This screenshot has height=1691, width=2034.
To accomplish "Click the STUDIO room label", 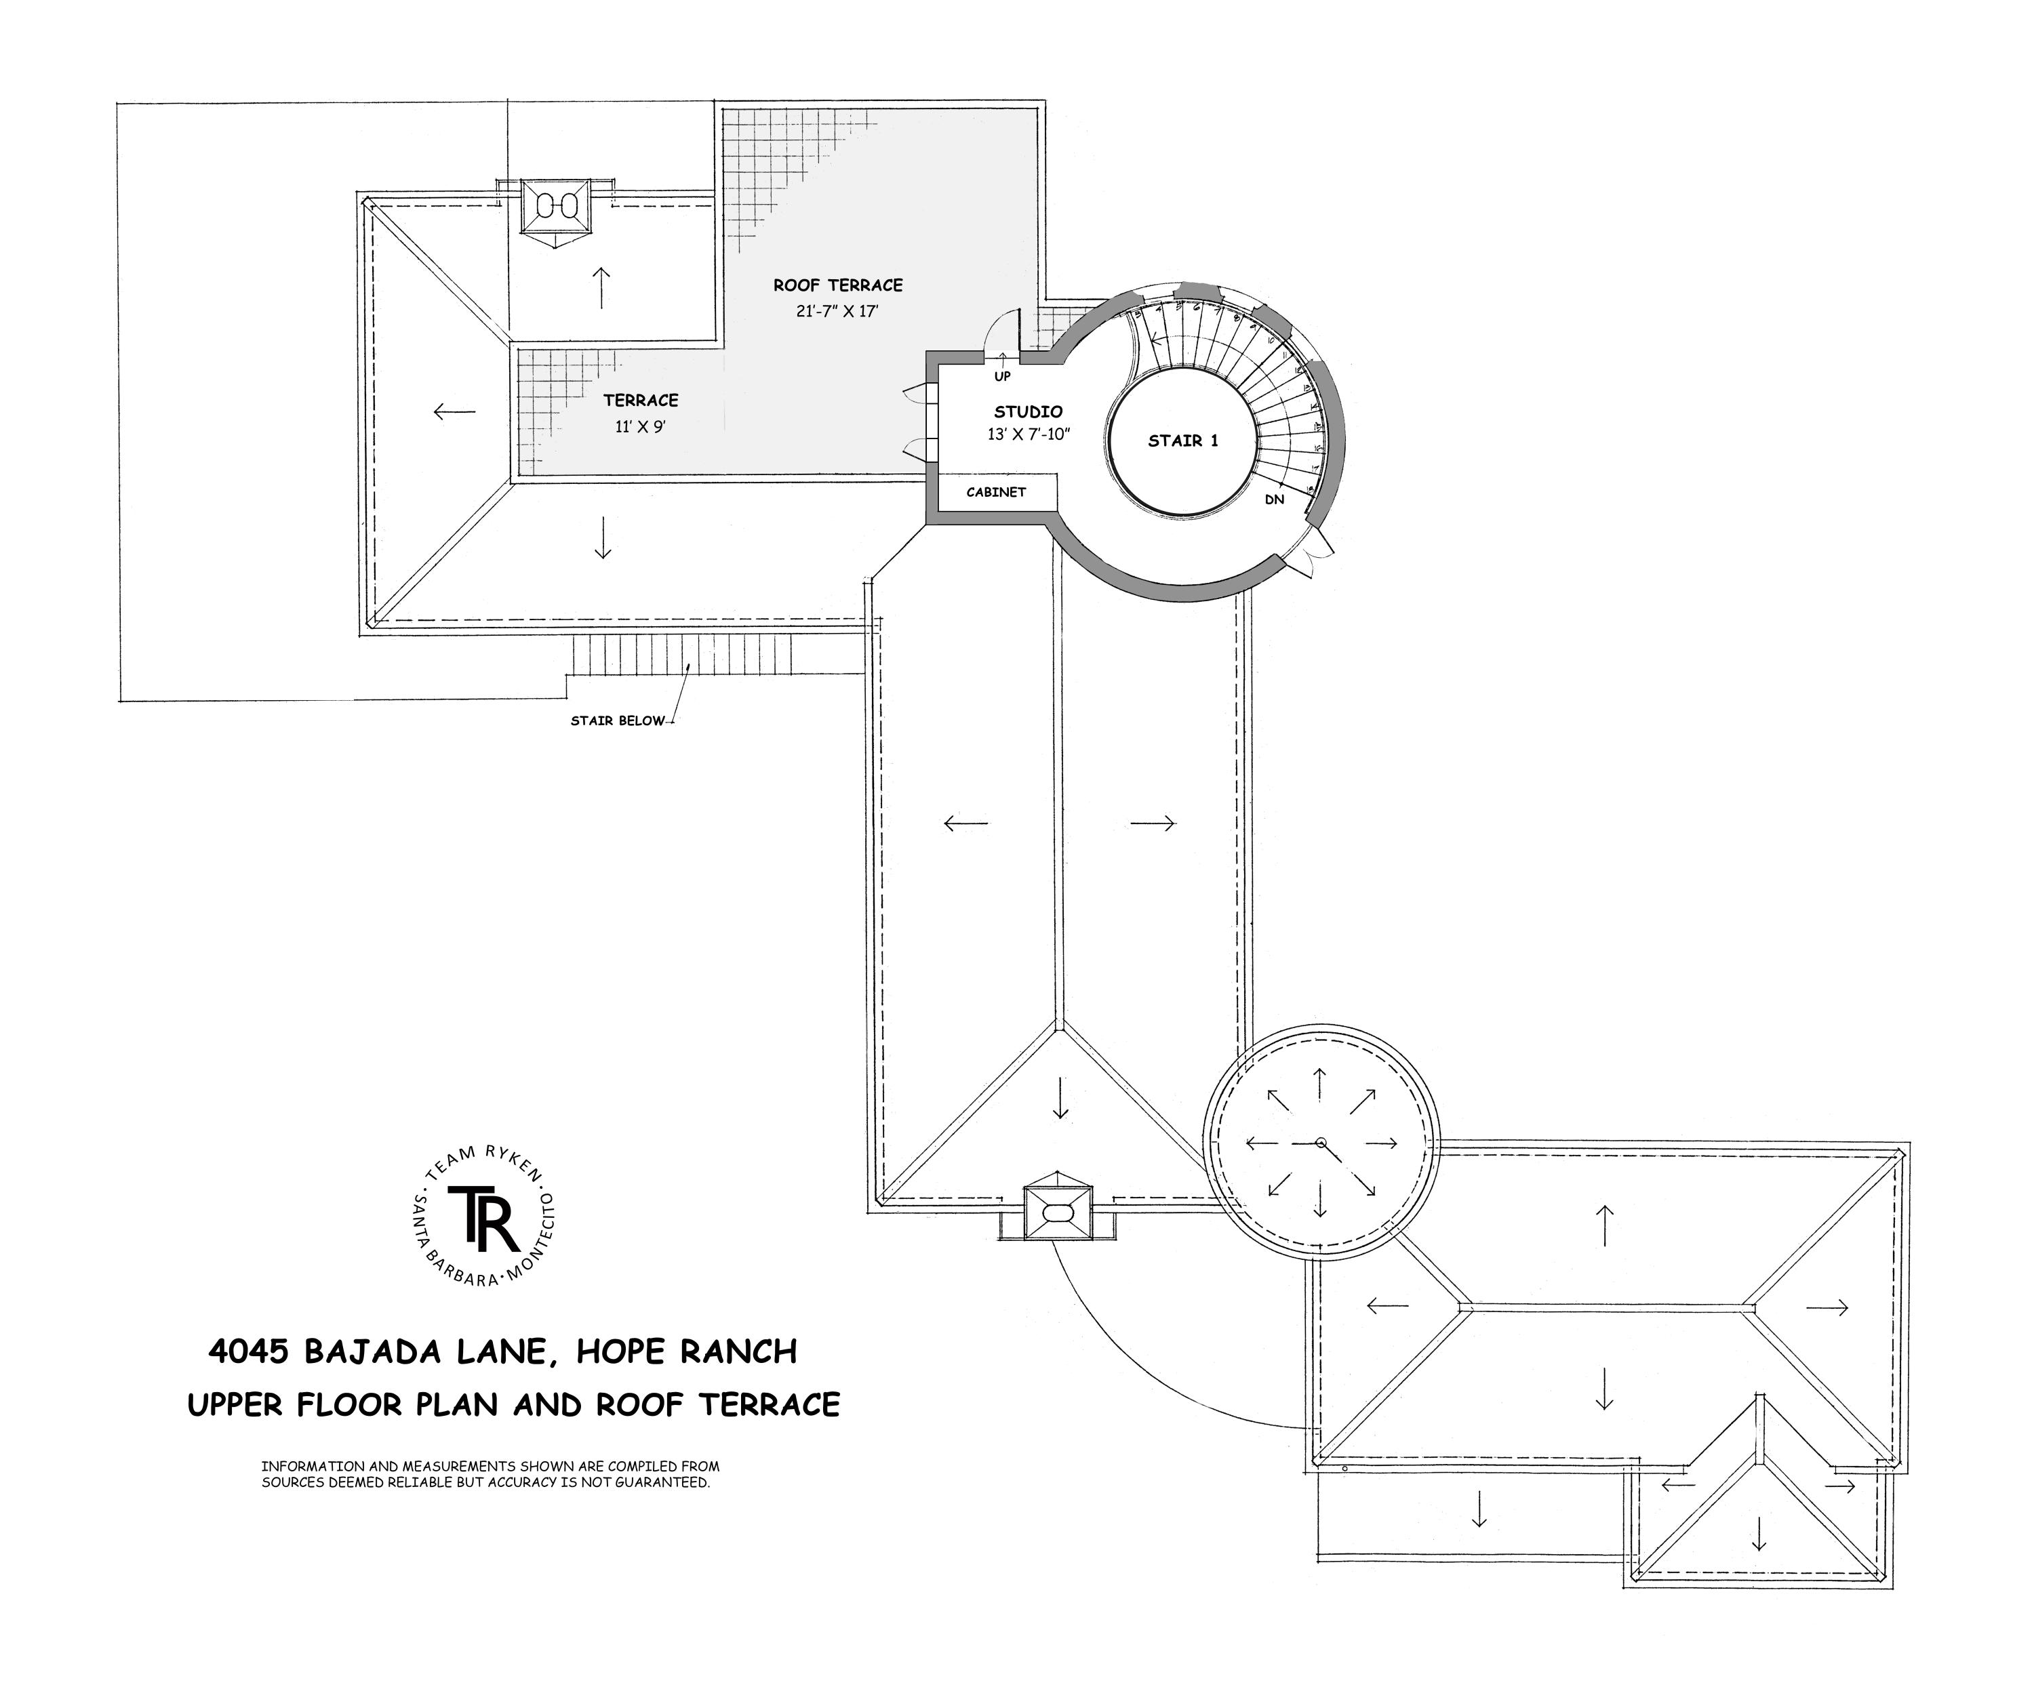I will (x=1028, y=411).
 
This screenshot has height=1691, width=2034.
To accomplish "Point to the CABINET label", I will (x=996, y=492).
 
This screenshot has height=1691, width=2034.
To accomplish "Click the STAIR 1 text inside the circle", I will (x=1182, y=441).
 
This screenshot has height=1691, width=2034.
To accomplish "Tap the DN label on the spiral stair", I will (x=1275, y=500).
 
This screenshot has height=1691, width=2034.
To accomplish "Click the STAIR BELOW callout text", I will (x=618, y=720).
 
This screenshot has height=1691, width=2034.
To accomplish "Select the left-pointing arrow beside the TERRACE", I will (x=454, y=411).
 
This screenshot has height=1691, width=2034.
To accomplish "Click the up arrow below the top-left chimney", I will (x=601, y=287).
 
